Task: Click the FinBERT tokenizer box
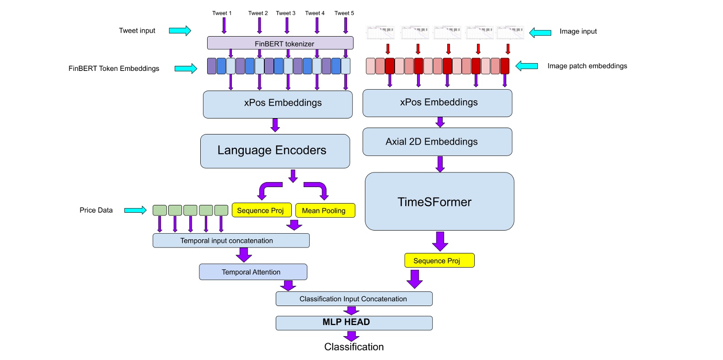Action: tap(280, 43)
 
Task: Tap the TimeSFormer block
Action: tap(439, 201)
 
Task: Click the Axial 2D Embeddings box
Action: tap(437, 142)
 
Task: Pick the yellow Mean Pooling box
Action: tap(325, 210)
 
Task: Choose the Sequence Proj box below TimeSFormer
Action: tap(439, 260)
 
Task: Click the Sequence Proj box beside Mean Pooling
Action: tap(261, 210)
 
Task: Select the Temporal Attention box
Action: tap(253, 272)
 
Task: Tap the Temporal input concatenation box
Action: tap(230, 241)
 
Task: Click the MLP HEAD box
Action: tap(353, 322)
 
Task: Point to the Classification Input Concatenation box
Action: tap(353, 299)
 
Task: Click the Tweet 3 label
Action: tap(285, 13)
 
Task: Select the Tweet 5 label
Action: tap(344, 13)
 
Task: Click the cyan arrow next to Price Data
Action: tap(135, 210)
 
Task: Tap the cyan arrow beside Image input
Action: tap(540, 32)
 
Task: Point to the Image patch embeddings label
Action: tap(587, 66)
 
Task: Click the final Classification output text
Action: tap(353, 347)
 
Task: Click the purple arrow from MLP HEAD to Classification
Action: tap(351, 336)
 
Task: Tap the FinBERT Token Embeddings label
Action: tap(114, 69)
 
